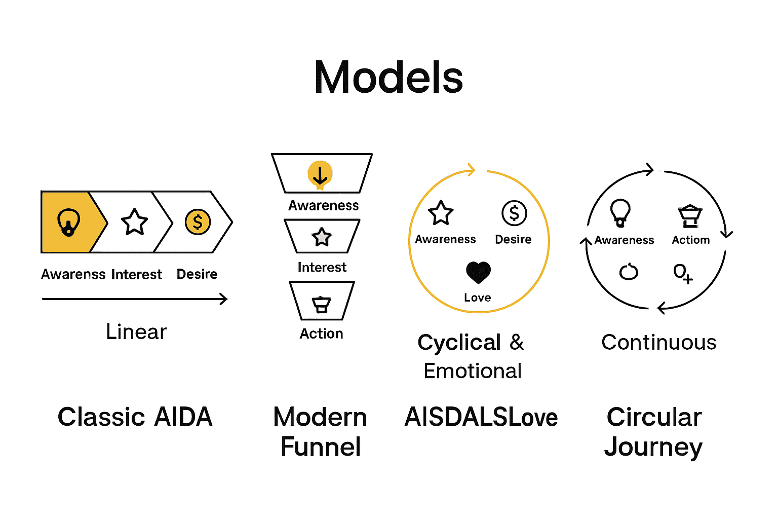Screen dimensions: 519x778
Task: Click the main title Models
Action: coord(388,78)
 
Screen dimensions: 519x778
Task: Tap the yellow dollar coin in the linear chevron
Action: coord(198,222)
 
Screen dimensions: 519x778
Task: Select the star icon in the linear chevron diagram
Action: coord(134,222)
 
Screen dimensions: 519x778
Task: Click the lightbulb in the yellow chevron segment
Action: coord(68,223)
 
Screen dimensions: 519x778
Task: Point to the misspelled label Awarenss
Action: coord(73,274)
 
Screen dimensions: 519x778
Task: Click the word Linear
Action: coord(136,332)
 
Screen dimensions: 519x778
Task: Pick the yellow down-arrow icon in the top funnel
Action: coord(320,175)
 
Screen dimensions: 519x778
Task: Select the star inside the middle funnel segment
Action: coord(322,237)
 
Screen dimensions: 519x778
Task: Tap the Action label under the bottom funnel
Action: coord(321,333)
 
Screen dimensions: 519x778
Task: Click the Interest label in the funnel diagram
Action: coord(322,267)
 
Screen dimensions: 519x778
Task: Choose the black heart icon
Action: coord(478,273)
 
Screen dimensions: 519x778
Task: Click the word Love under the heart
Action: coord(477,298)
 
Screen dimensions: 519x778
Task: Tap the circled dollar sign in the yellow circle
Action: coord(514,213)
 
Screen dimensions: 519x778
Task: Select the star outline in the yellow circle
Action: coord(441,213)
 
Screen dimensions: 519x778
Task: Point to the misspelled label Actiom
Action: coord(690,240)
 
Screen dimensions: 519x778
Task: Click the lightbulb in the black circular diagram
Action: coord(620,212)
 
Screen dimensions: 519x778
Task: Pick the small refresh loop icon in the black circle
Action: coord(629,272)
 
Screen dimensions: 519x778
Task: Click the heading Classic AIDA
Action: coord(135,417)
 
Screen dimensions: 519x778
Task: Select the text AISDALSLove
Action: coord(481,417)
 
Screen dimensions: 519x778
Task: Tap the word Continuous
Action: coord(658,343)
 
